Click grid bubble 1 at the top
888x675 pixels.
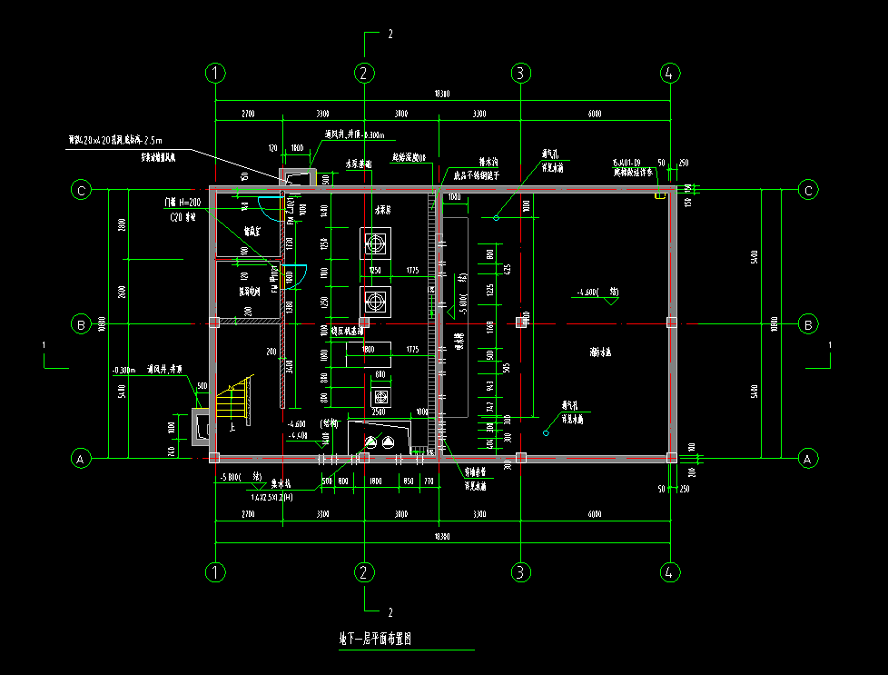[215, 73]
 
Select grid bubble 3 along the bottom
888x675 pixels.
[520, 572]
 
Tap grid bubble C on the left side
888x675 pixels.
[82, 190]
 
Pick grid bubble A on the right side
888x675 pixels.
[806, 460]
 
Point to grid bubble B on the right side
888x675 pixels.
[806, 324]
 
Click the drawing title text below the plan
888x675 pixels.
[376, 640]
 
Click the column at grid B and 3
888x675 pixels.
[521, 322]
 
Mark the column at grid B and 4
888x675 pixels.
[671, 323]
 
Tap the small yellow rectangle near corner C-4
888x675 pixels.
[658, 194]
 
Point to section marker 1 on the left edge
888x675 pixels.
[44, 345]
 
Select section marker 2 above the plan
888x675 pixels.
[390, 35]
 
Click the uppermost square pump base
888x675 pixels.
[374, 243]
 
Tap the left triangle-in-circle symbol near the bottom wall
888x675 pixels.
[370, 442]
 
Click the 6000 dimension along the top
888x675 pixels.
[594, 114]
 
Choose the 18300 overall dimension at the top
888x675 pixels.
[441, 94]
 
